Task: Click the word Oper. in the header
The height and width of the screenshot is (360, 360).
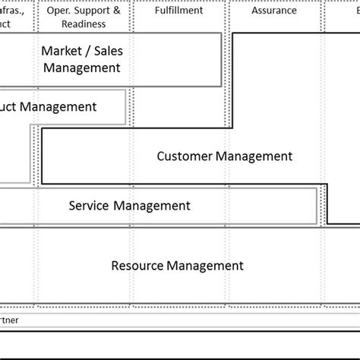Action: (x=58, y=11)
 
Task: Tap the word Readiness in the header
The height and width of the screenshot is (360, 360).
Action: (x=84, y=24)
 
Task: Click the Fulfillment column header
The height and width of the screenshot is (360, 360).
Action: (x=178, y=11)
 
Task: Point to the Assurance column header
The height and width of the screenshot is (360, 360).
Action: (x=275, y=11)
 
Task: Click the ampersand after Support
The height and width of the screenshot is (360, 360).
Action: (x=116, y=11)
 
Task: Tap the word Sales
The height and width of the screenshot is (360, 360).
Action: (x=107, y=51)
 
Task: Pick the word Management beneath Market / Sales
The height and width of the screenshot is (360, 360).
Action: (x=82, y=68)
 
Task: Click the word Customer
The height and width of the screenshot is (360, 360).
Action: (x=185, y=156)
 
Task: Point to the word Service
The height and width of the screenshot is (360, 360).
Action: (x=89, y=205)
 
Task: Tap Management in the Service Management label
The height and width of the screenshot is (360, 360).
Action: (x=152, y=205)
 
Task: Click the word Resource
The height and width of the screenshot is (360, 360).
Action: (x=137, y=266)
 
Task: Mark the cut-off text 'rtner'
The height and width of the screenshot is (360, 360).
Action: (x=9, y=320)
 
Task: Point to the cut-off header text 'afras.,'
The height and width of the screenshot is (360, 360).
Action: (x=15, y=11)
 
